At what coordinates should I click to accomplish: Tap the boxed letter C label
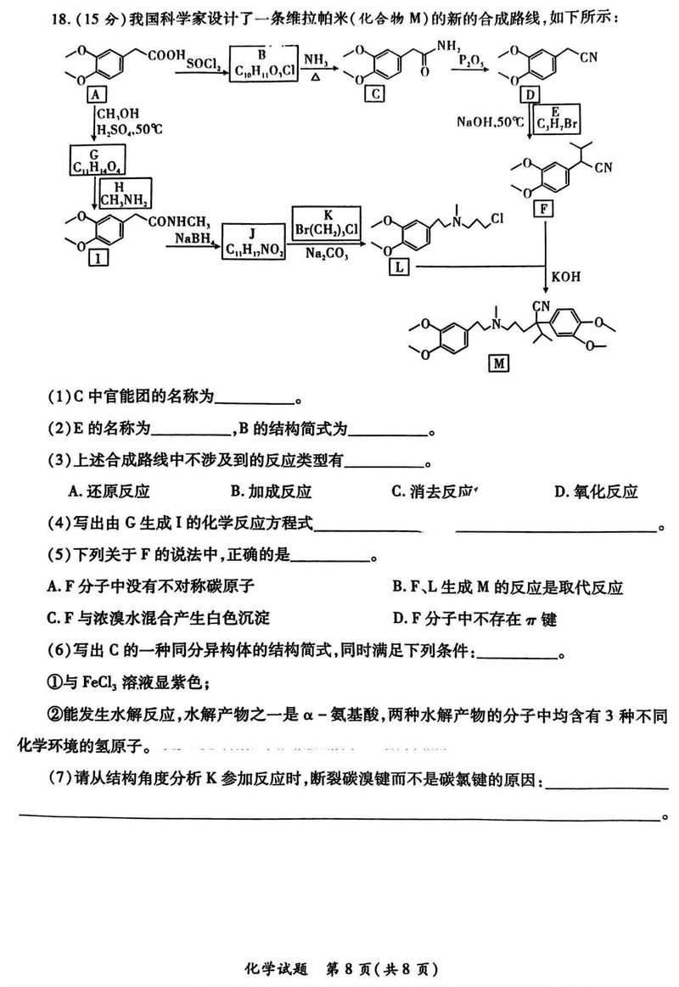click(x=374, y=93)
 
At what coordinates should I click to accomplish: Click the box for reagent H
click(x=125, y=193)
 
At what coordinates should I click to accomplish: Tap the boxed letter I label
click(x=98, y=260)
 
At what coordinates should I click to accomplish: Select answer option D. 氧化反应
click(x=596, y=491)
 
